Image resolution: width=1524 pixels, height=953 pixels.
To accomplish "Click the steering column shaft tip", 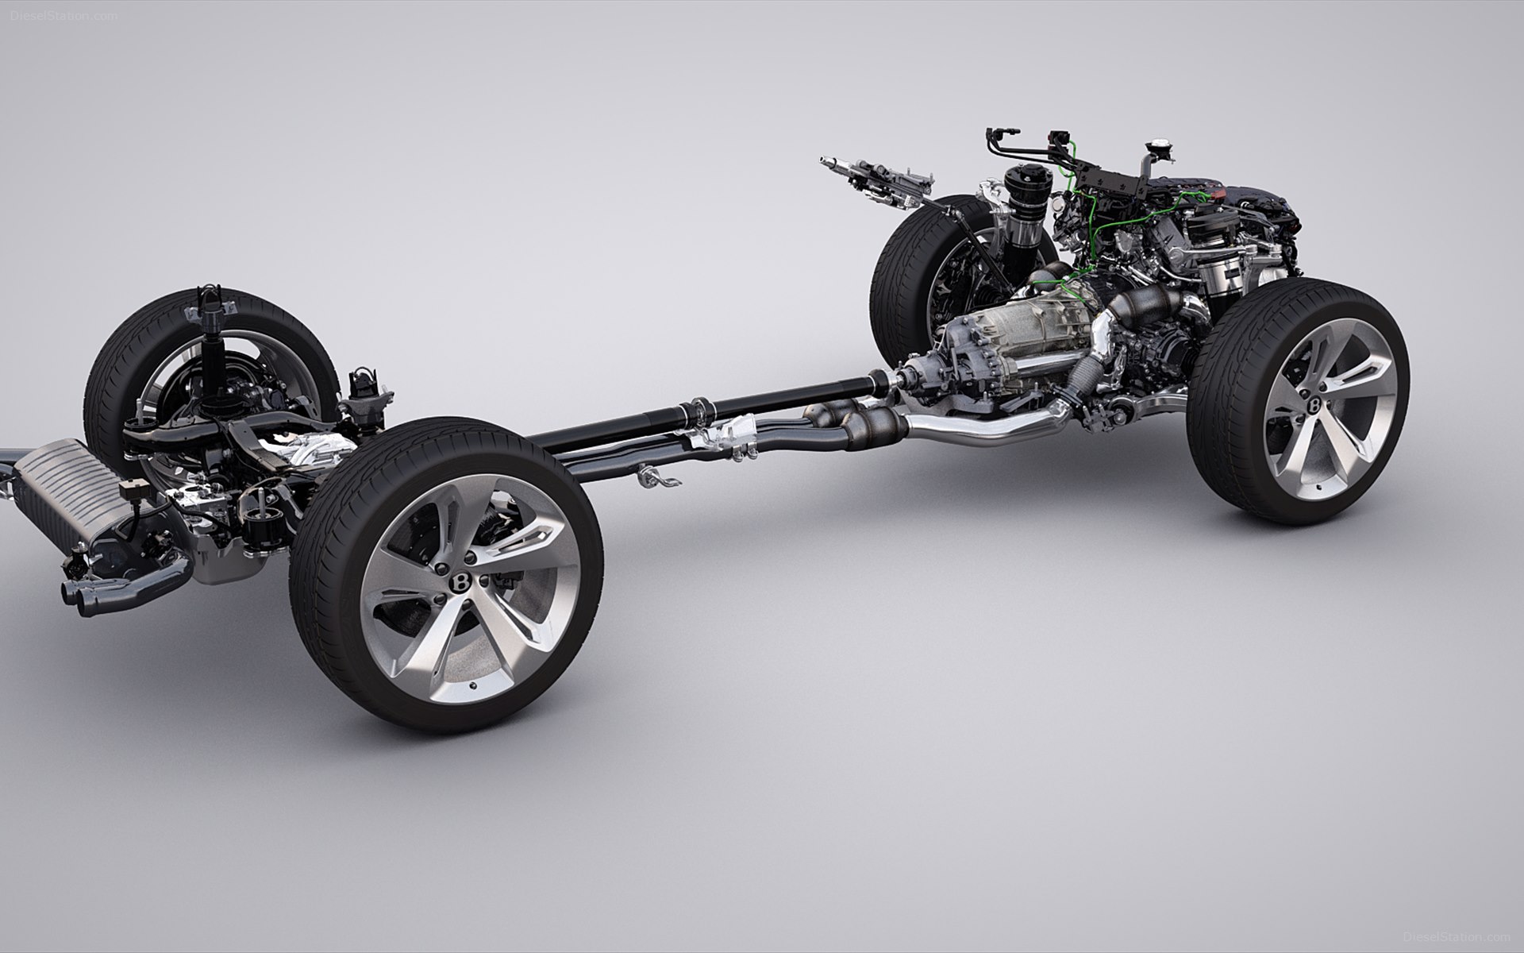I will [825, 163].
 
